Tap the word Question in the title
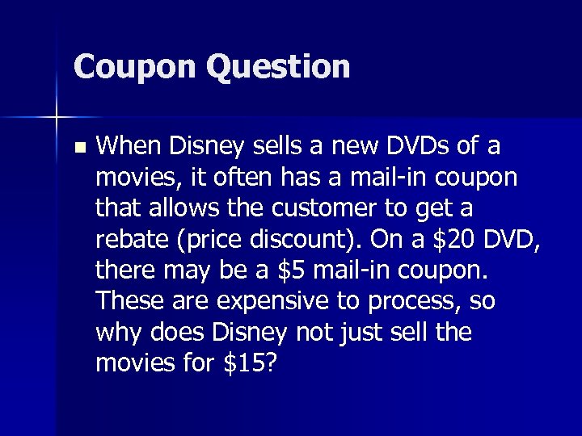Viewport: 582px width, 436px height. tap(278, 67)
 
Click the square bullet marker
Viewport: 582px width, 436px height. tap(78, 148)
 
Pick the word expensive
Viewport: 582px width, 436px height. tap(258, 301)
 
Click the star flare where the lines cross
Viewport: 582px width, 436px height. tap(57, 118)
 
